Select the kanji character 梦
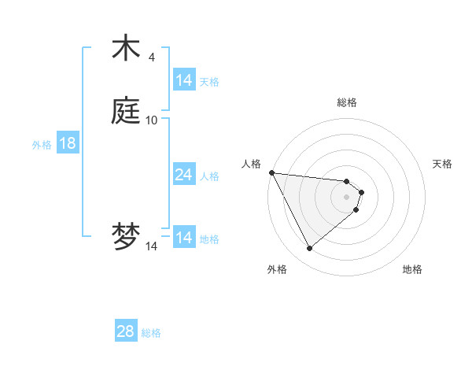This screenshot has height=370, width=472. [126, 238]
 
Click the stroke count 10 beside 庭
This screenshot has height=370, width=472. [152, 120]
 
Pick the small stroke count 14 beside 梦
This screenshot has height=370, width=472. [151, 246]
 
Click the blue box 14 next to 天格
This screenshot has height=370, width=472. [184, 80]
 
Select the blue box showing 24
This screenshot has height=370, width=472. [184, 175]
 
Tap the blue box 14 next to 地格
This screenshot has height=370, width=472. [184, 238]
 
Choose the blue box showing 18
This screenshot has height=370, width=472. [67, 143]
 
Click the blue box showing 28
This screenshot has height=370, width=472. [125, 331]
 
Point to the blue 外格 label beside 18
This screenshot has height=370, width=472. [42, 144]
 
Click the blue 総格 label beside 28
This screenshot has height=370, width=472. [151, 333]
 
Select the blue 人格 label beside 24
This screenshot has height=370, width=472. [209, 176]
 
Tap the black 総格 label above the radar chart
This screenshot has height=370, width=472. [346, 102]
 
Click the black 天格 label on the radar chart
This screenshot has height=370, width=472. [443, 164]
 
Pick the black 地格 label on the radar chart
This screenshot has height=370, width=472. [412, 269]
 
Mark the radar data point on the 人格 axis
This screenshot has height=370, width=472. [271, 172]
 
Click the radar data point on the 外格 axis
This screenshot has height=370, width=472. [309, 249]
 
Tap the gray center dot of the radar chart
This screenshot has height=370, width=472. [346, 196]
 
